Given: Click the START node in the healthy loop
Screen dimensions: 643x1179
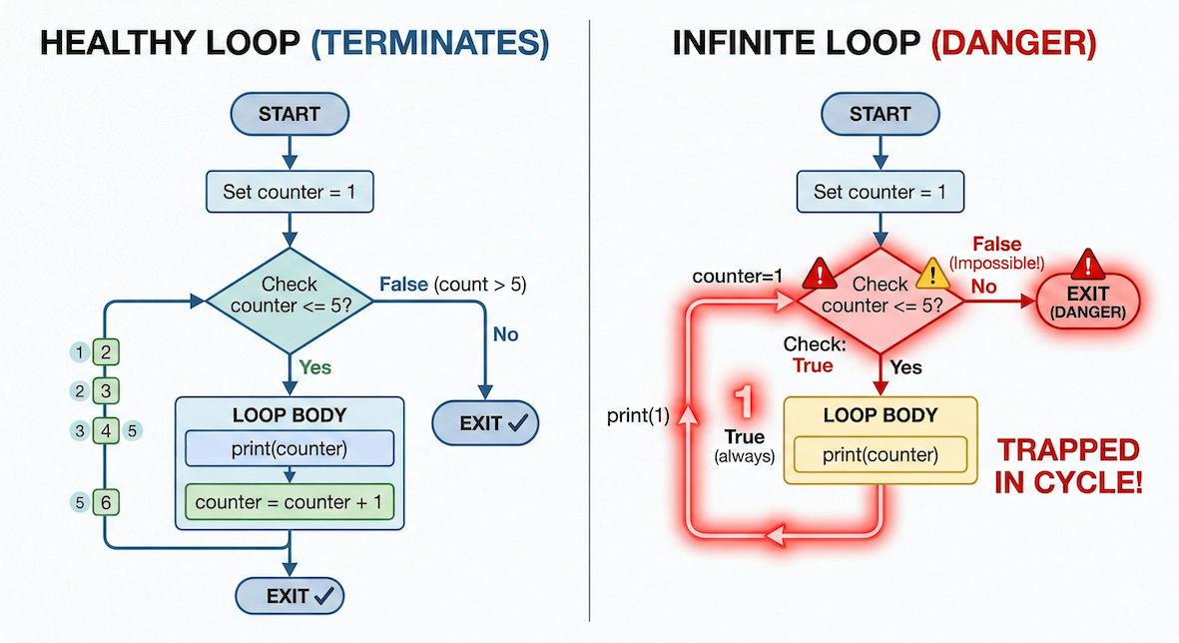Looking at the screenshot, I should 290,114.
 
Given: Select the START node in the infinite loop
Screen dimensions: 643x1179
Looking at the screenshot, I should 880,114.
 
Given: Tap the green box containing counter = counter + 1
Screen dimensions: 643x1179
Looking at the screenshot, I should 290,502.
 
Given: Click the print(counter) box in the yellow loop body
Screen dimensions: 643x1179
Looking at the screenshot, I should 880,455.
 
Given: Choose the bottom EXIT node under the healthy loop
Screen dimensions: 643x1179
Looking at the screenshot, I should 290,596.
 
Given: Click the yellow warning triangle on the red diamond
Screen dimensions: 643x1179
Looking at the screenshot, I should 932,273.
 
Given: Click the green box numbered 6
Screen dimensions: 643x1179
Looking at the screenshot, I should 105,503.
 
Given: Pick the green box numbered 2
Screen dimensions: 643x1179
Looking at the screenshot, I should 105,351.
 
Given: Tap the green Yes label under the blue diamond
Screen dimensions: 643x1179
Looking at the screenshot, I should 314,367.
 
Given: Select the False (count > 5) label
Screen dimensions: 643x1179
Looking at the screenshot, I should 452,285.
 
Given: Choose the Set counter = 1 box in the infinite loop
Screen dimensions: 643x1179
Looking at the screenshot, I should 880,191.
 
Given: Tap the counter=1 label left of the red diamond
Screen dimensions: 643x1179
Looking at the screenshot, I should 733,276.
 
